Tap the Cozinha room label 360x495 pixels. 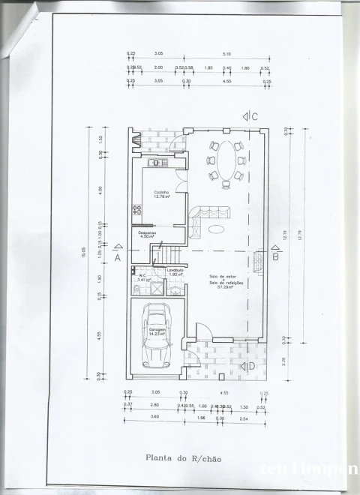(161, 192)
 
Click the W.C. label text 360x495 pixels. (142, 275)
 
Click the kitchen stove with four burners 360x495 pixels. (138, 210)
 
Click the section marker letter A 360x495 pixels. (118, 256)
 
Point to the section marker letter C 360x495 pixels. (254, 116)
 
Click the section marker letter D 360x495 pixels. (251, 366)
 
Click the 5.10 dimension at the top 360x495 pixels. (227, 54)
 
